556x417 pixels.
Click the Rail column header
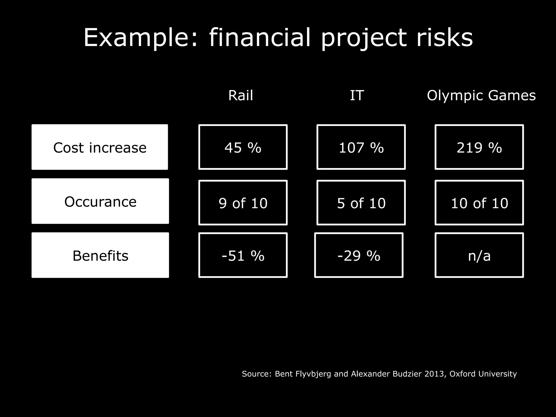pos(241,96)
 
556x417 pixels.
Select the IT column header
pos(357,96)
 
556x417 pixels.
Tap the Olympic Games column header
pos(481,96)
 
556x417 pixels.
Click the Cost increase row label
pos(100,147)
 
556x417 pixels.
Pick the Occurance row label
pos(100,201)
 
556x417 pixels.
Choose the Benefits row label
pos(100,255)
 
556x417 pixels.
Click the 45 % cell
pos(243,147)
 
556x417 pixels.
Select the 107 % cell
pos(361,147)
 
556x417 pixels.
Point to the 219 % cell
pos(479,147)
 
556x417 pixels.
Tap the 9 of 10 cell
pos(243,203)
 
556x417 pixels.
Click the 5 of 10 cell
pos(361,203)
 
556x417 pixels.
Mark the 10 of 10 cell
pos(479,203)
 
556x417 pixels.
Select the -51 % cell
pos(243,255)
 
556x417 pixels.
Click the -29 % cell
pos(359,255)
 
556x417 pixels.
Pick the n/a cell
pos(479,255)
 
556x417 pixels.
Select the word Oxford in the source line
pos(462,374)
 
